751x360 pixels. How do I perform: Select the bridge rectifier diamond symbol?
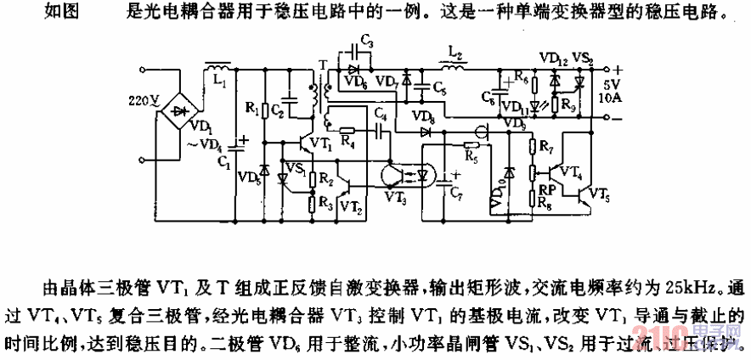[178, 110]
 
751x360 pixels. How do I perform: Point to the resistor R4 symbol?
[348, 132]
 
